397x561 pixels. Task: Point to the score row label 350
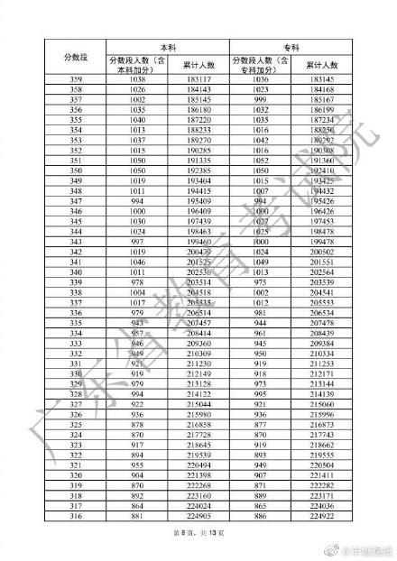[63, 170]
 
